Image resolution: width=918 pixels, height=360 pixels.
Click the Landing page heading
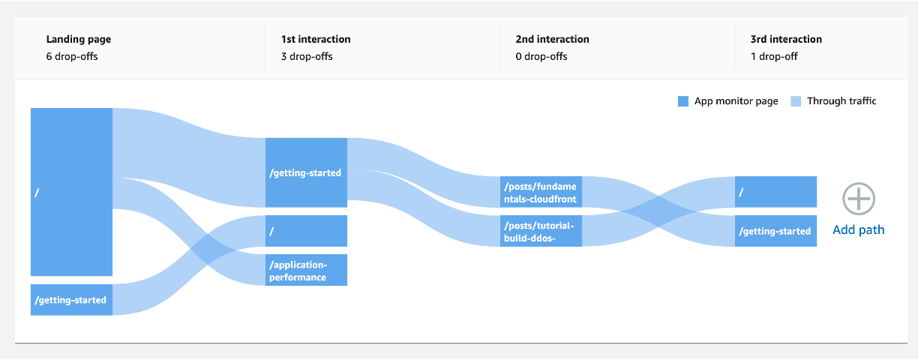[78, 39]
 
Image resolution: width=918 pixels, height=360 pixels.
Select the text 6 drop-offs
[72, 56]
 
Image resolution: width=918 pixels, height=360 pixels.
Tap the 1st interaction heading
[316, 39]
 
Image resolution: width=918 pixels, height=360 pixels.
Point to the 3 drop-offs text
[307, 56]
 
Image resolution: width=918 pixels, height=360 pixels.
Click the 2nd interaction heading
[552, 39]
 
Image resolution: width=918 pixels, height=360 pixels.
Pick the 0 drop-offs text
[541, 56]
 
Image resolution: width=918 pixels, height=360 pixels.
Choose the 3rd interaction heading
[786, 39]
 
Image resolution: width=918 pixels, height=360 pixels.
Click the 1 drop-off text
[774, 56]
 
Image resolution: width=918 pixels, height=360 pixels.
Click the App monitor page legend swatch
[683, 101]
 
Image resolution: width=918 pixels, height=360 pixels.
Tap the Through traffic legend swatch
[796, 101]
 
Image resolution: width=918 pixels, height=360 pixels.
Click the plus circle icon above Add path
[859, 199]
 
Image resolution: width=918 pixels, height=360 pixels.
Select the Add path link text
[859, 229]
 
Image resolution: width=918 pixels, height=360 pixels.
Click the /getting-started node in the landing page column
[72, 300]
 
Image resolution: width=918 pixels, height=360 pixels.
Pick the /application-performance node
[306, 270]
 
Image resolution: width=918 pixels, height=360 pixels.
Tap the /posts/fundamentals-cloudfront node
[541, 192]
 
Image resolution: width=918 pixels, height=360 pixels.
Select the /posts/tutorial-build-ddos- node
[541, 231]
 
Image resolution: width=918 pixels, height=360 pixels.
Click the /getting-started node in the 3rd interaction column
[775, 231]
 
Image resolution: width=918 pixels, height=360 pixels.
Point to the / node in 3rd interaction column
[775, 192]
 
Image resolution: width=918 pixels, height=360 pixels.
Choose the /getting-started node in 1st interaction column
[306, 172]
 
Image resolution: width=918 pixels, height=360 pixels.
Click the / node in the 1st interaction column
[306, 231]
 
